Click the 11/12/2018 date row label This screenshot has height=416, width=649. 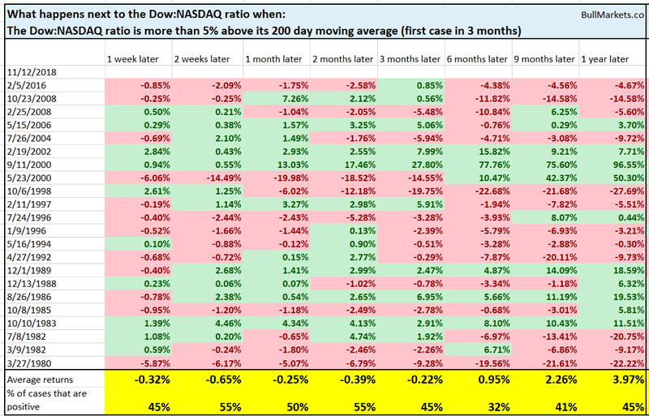[x=28, y=72]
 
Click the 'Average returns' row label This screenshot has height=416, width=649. [x=40, y=379]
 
